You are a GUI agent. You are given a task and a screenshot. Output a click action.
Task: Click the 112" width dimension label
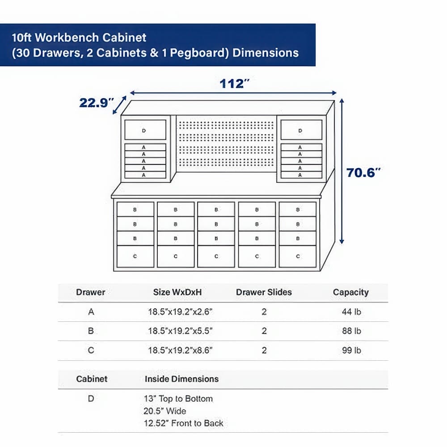click(x=234, y=84)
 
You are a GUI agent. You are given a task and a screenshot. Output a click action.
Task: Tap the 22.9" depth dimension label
click(x=94, y=103)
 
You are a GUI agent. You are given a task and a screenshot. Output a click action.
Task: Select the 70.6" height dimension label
click(x=363, y=173)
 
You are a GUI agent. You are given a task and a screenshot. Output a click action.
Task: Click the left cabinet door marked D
click(x=145, y=130)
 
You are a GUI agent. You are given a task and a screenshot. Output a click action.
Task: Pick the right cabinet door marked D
click(x=300, y=130)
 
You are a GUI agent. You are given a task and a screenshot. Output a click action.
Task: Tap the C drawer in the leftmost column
click(x=135, y=257)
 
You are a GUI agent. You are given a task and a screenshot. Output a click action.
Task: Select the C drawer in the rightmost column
click(x=298, y=257)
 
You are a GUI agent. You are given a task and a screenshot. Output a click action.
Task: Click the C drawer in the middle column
click(x=216, y=257)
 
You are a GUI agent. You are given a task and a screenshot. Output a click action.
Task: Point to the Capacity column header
click(x=350, y=292)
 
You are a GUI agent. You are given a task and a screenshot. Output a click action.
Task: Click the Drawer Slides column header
click(x=264, y=292)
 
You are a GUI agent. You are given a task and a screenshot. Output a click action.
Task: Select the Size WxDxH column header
click(x=177, y=292)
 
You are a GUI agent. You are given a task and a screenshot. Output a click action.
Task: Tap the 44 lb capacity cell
click(x=351, y=312)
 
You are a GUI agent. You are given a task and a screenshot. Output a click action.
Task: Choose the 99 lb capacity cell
click(x=351, y=350)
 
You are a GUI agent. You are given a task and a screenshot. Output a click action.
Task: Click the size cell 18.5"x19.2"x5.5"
click(x=180, y=331)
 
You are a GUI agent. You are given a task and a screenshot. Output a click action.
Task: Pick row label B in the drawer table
click(x=91, y=331)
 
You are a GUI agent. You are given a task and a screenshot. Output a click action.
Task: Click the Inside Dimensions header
click(x=181, y=379)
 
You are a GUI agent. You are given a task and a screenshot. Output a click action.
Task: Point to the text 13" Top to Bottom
click(x=178, y=399)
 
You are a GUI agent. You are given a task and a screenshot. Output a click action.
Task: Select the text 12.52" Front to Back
click(x=183, y=423)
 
